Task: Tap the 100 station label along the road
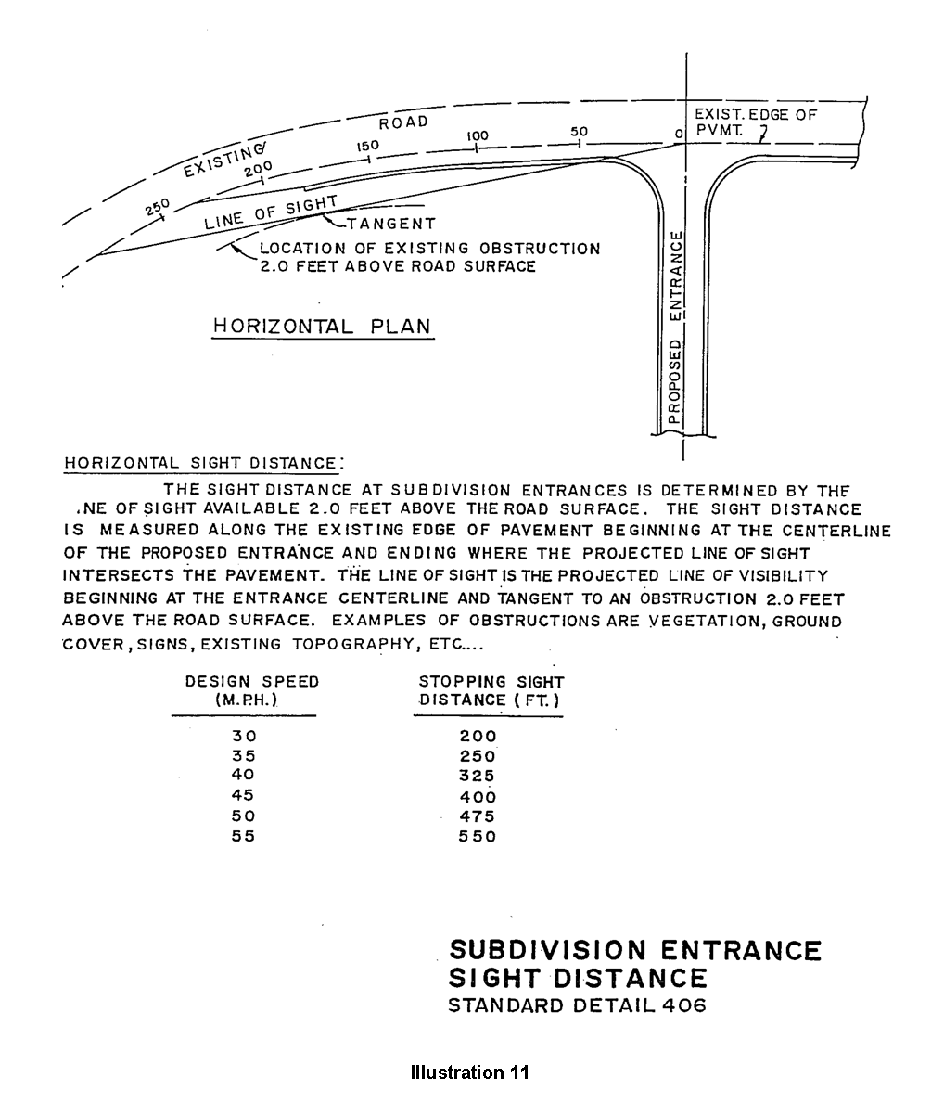(478, 135)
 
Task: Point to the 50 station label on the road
(580, 132)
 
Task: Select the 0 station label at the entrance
(679, 135)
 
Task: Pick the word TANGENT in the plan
(390, 224)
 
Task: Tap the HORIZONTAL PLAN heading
(322, 327)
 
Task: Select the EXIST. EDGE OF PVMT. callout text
(755, 122)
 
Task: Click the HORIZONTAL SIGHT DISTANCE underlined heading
(200, 463)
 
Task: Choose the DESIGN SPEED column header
(251, 690)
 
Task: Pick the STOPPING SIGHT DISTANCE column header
(491, 690)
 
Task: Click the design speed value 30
(243, 736)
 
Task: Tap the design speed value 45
(243, 795)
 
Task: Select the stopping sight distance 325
(478, 776)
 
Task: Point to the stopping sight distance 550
(478, 836)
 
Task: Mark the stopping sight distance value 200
(478, 736)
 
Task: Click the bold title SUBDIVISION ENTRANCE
(634, 951)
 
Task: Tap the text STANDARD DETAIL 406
(577, 1006)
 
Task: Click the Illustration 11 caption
(469, 1073)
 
